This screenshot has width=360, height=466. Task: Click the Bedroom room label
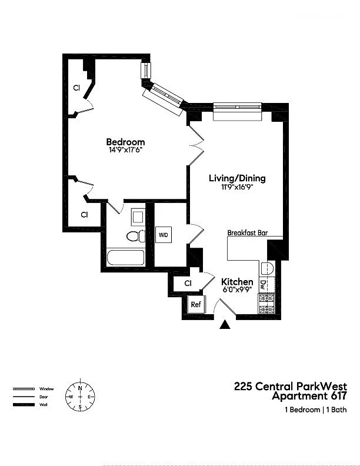(125, 142)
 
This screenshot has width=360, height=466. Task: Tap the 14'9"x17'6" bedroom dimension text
(126, 150)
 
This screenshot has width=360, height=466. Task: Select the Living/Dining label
(237, 178)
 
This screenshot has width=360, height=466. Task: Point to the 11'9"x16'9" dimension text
(236, 187)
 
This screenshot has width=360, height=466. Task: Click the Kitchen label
(237, 282)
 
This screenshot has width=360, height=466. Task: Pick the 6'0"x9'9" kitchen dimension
(237, 289)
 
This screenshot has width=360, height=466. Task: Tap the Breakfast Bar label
(248, 232)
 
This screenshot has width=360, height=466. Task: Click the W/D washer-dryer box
(164, 235)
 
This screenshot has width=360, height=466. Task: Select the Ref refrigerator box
(196, 304)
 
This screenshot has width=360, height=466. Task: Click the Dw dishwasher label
(262, 285)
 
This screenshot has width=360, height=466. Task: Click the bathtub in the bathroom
(126, 258)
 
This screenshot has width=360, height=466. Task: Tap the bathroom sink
(138, 217)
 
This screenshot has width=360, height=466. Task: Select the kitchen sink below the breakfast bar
(267, 269)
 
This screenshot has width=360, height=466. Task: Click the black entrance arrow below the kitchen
(225, 325)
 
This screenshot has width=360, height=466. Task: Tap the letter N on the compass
(80, 388)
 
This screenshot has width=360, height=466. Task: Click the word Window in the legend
(46, 389)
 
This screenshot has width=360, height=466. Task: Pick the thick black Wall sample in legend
(24, 405)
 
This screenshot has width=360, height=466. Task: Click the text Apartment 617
(309, 396)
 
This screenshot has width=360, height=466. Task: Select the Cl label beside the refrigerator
(188, 283)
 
